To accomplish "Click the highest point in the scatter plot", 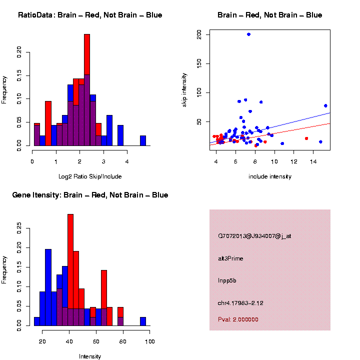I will click(248, 34).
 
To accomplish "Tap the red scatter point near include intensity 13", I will click(306, 138).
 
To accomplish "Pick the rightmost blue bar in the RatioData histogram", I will click(143, 140).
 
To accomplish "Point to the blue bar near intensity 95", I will click(143, 321).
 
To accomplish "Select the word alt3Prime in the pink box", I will click(230, 258).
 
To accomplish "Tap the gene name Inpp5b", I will click(227, 280).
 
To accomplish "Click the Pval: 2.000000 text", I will click(238, 319).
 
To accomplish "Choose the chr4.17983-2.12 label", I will click(240, 303).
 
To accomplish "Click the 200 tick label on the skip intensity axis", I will click(199, 34).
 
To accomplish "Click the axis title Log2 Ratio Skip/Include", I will click(90, 176).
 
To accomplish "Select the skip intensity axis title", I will click(184, 92).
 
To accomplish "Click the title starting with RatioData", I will click(90, 15).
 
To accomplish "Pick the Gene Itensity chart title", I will click(90, 195).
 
